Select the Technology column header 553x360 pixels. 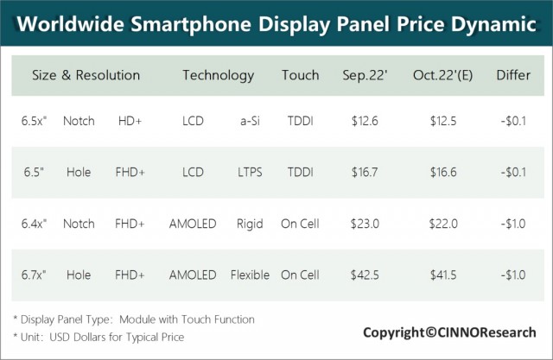(x=219, y=76)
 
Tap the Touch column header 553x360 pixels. (x=300, y=75)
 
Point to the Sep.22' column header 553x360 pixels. (x=365, y=75)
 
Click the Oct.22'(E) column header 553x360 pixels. (x=442, y=75)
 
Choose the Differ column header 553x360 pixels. (x=513, y=75)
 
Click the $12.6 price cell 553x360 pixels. (x=365, y=121)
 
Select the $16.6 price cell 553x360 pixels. (x=443, y=173)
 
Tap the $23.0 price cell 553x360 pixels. (x=365, y=224)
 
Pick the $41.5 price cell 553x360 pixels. (x=443, y=275)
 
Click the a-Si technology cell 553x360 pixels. (x=250, y=121)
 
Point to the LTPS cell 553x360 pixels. (x=250, y=173)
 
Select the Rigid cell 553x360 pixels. (x=250, y=224)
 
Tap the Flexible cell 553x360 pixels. (x=250, y=275)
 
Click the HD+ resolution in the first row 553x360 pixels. (x=130, y=121)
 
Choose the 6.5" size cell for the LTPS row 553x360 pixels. (x=34, y=173)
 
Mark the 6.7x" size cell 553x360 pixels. (x=34, y=275)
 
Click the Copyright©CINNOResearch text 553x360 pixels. (x=449, y=332)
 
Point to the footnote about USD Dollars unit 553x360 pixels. (x=99, y=337)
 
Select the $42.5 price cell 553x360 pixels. (x=365, y=275)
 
